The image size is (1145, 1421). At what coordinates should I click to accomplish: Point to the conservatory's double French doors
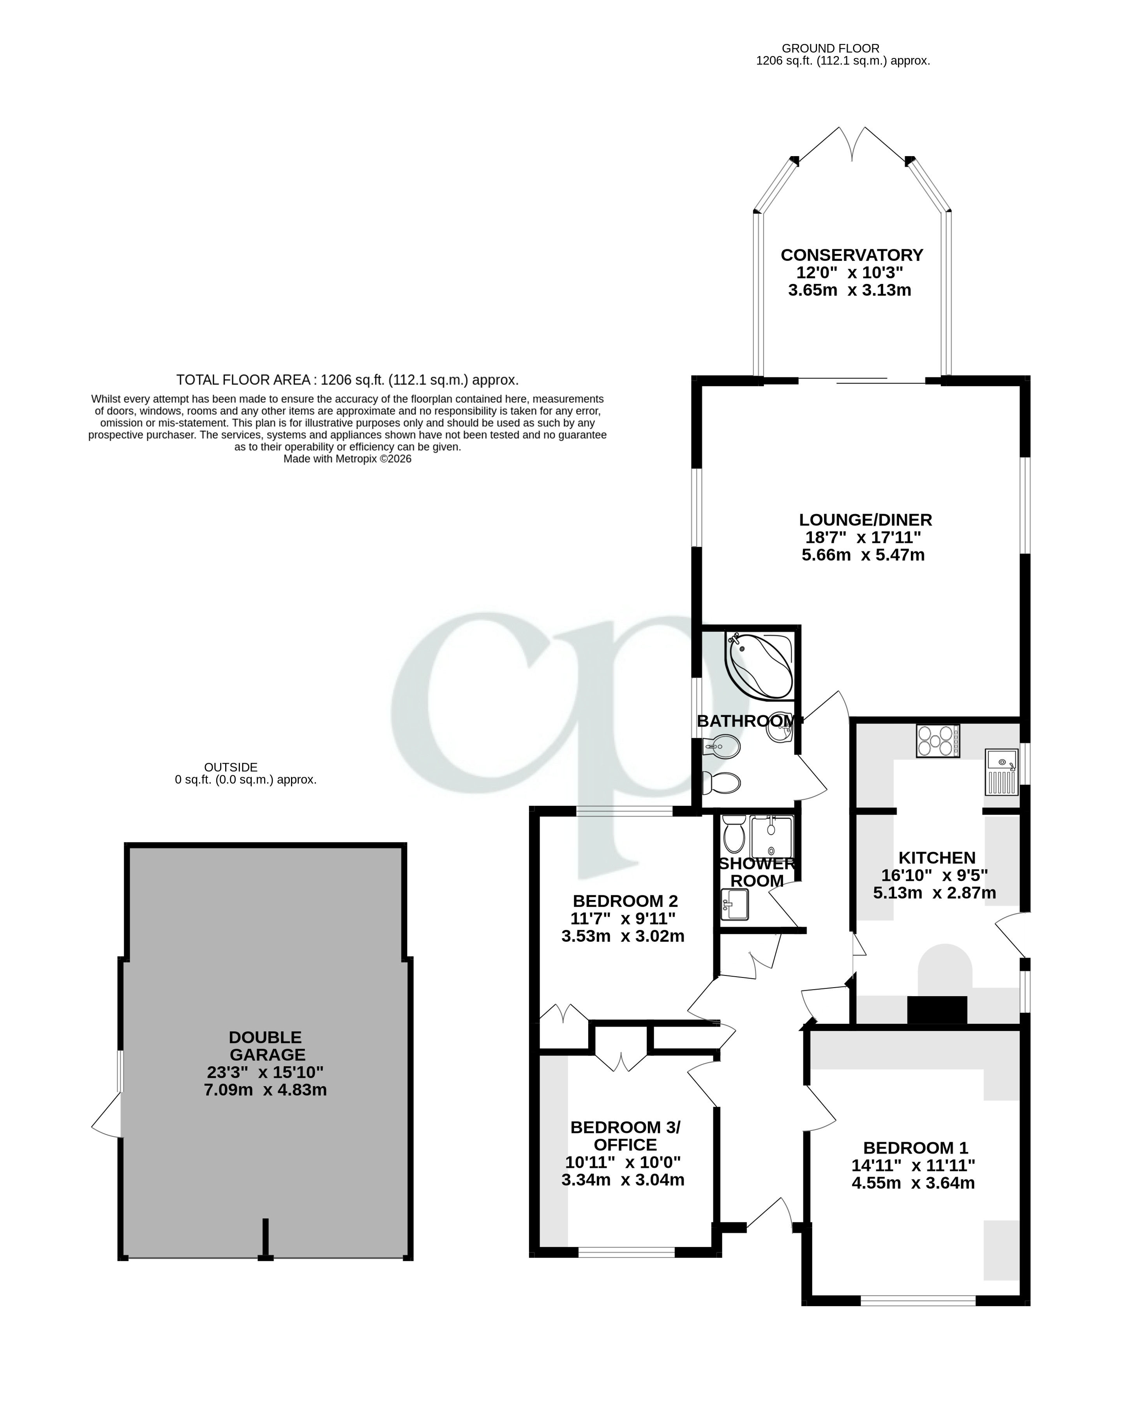(853, 145)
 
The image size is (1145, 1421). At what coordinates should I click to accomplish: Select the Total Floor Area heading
(347, 380)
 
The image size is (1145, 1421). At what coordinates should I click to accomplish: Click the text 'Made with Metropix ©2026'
(347, 460)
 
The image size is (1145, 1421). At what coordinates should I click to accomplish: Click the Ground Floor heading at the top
(830, 49)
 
